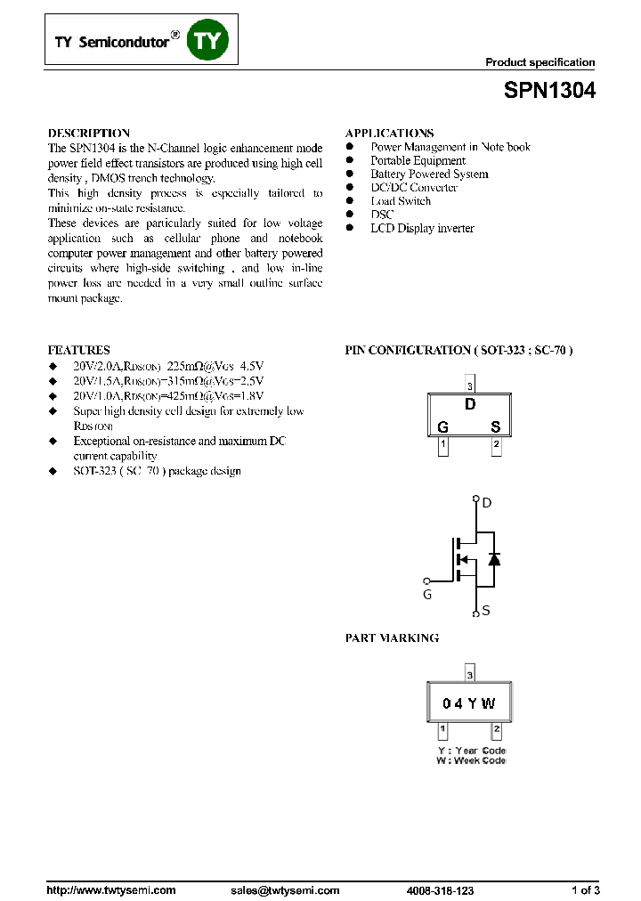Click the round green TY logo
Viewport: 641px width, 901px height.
pyautogui.click(x=208, y=41)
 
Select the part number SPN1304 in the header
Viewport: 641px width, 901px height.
pyautogui.click(x=550, y=91)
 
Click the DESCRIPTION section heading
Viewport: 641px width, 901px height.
pyautogui.click(x=89, y=133)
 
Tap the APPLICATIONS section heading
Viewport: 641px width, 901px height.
pyautogui.click(x=389, y=133)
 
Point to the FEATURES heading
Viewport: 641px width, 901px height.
pyautogui.click(x=78, y=350)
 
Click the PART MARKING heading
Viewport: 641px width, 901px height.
pyautogui.click(x=392, y=638)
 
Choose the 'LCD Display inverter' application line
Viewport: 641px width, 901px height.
pyautogui.click(x=422, y=228)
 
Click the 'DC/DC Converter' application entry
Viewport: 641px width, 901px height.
pyautogui.click(x=414, y=188)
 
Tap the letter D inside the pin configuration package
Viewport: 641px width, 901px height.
pyautogui.click(x=470, y=405)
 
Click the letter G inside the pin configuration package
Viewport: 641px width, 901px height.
pyautogui.click(x=442, y=427)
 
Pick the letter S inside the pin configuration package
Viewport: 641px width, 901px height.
pyautogui.click(x=496, y=427)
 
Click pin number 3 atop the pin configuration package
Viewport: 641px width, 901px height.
pyautogui.click(x=469, y=386)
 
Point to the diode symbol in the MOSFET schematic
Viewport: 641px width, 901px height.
pyautogui.click(x=493, y=559)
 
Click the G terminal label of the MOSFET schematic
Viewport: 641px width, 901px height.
pyautogui.click(x=426, y=594)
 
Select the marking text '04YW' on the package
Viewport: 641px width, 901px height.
pyautogui.click(x=469, y=703)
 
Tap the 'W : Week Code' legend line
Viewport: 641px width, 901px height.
pyautogui.click(x=470, y=761)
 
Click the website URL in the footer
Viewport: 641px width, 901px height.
pyautogui.click(x=110, y=889)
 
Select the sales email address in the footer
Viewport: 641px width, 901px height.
pyautogui.click(x=285, y=889)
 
